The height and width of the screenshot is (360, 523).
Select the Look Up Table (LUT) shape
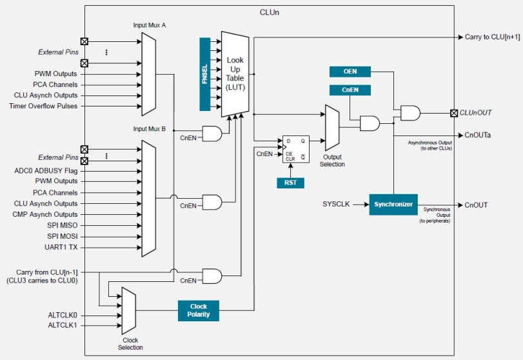click(235, 74)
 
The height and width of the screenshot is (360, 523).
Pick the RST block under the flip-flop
click(291, 183)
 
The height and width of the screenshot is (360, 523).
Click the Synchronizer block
click(393, 205)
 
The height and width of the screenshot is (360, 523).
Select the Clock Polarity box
click(198, 311)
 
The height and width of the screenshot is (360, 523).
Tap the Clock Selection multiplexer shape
click(129, 310)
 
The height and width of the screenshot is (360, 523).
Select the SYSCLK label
click(336, 205)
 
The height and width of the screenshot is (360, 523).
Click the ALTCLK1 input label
click(63, 325)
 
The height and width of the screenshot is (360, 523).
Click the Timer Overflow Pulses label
click(44, 106)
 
